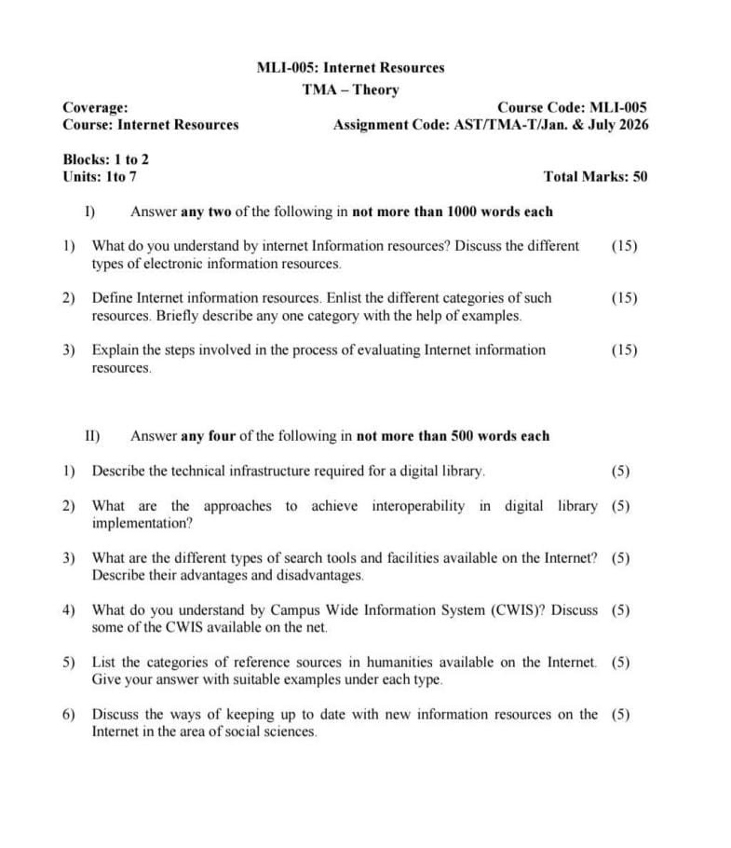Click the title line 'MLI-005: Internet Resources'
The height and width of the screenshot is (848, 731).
[x=350, y=67]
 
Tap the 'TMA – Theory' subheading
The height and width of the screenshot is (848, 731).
[x=350, y=89]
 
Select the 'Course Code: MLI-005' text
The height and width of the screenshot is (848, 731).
[x=572, y=107]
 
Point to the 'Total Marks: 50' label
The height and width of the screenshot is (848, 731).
[x=595, y=176]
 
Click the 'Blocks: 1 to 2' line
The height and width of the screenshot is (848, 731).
[x=105, y=159]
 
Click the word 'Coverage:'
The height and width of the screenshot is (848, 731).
[x=95, y=107]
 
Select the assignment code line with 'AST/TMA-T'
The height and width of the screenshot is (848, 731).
[x=491, y=125]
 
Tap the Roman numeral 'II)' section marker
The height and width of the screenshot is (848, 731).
[x=93, y=435]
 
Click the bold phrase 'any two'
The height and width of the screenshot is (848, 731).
[x=206, y=212]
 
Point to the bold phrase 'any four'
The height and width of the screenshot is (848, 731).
[x=210, y=435]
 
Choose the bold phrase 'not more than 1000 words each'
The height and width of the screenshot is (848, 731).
[x=453, y=212]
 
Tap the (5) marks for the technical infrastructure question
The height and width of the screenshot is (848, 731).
[x=620, y=471]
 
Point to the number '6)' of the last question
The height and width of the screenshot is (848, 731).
[x=69, y=715]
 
